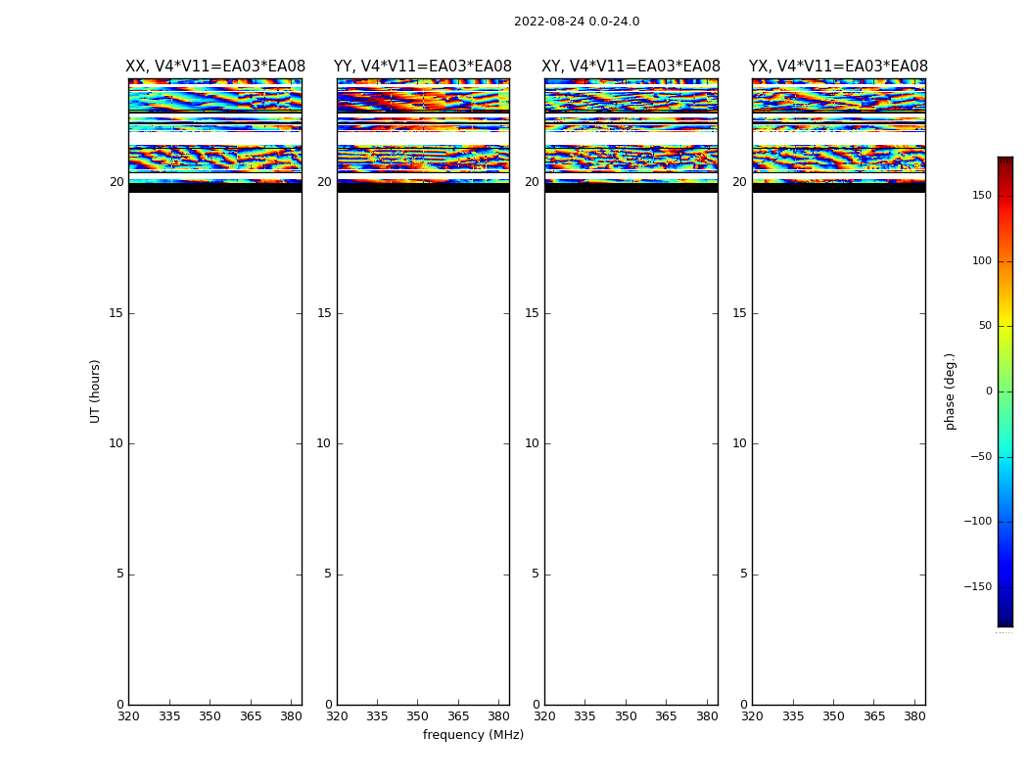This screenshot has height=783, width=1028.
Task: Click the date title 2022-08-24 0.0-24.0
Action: [577, 22]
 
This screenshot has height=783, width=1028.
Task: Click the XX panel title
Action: [215, 67]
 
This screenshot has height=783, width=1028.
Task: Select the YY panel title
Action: [423, 67]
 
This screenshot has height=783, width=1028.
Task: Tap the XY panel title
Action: [631, 67]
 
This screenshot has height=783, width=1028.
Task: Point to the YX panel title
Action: [838, 67]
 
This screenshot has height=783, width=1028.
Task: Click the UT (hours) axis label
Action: [95, 391]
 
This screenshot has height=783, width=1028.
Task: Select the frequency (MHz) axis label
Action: [473, 735]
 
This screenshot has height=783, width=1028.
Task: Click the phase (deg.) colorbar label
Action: [950, 391]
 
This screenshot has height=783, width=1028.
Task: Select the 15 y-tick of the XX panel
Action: [117, 313]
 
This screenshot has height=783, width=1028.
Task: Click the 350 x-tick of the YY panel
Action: [418, 716]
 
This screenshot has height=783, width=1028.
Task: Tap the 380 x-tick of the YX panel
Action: [914, 716]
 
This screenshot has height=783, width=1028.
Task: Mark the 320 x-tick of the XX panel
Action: [128, 716]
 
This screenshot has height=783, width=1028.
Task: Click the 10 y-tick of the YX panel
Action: [739, 443]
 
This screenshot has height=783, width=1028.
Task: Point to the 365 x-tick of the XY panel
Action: [666, 716]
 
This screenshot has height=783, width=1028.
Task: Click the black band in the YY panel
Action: [423, 188]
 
